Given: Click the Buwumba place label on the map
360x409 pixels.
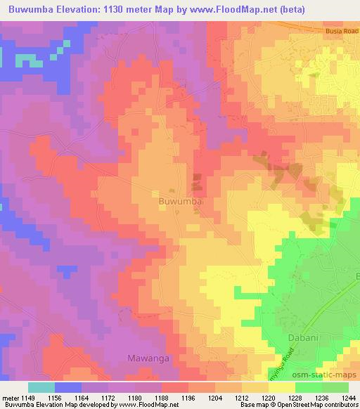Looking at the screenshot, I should tap(180, 200).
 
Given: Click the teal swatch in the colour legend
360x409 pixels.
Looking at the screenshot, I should tap(41, 387).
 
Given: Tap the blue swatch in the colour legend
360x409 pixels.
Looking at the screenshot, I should tap(68, 387).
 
